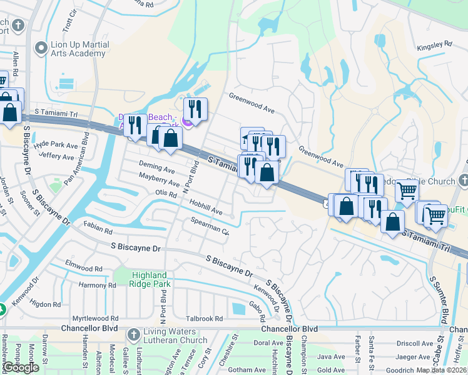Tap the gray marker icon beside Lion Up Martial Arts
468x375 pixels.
pos(42,47)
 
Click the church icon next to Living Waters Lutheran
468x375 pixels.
pos(133,336)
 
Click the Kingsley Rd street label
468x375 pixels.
pos(434,45)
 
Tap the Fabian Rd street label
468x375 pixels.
pos(97,229)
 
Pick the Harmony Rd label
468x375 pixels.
pos(98,285)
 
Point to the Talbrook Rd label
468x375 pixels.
pos(204,318)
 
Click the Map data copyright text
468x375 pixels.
pos(442,370)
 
